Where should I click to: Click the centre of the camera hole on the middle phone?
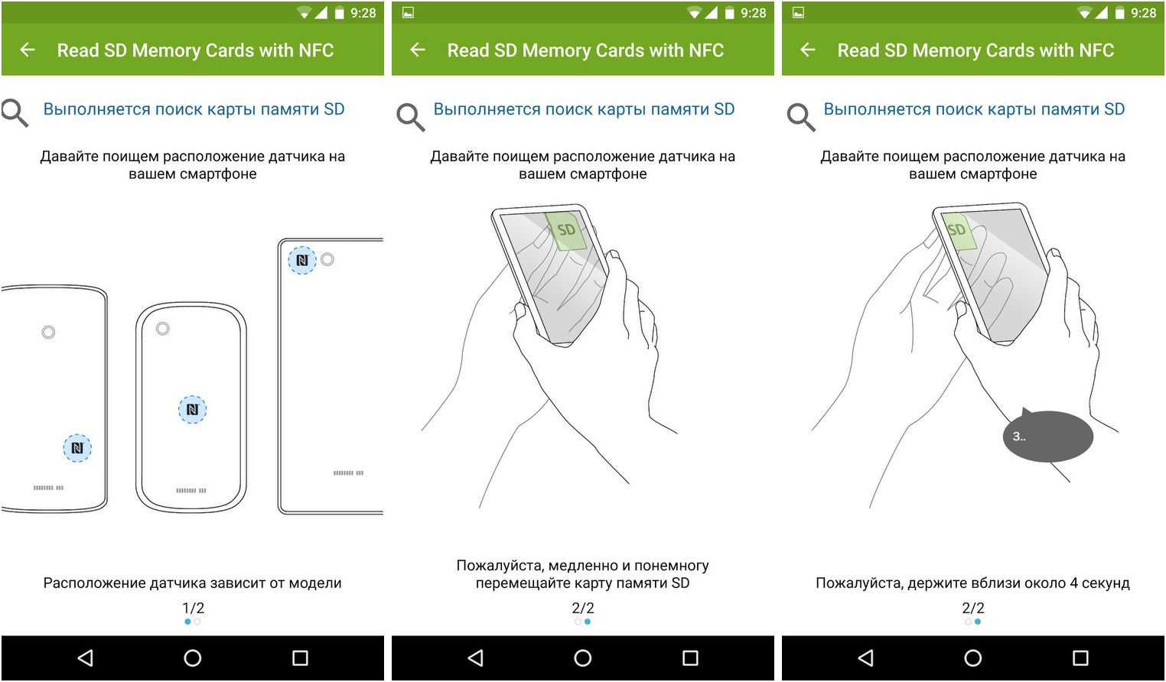click(x=163, y=329)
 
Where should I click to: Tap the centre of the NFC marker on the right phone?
click(x=302, y=260)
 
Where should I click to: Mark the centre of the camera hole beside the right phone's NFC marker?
click(x=327, y=259)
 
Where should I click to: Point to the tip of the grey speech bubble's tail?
click(x=1024, y=408)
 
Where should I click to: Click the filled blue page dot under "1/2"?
click(x=187, y=622)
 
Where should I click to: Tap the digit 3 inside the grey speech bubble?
click(x=1016, y=437)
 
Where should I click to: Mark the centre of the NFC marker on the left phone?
click(x=77, y=448)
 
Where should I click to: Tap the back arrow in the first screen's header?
click(x=28, y=50)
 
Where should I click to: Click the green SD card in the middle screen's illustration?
click(x=565, y=230)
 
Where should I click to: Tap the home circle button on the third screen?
click(x=973, y=658)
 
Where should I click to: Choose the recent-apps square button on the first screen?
click(x=301, y=658)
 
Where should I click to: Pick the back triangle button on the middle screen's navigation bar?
click(x=475, y=658)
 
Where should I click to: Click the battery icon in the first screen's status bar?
click(x=340, y=12)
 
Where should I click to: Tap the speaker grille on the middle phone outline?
click(x=191, y=491)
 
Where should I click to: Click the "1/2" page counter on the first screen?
click(x=193, y=608)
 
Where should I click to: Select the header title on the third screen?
click(x=975, y=50)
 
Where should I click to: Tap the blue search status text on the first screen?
click(x=194, y=109)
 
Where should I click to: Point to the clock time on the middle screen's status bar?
click(x=753, y=13)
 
